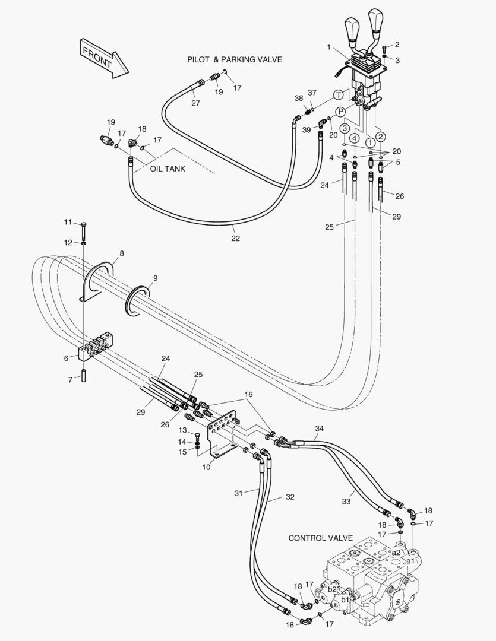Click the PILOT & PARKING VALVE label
point(235,59)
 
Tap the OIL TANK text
point(168,169)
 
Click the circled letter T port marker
point(338,95)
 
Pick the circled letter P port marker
point(341,112)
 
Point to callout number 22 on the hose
point(235,239)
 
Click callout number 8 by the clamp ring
point(121,253)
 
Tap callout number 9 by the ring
point(155,277)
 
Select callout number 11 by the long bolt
point(68,222)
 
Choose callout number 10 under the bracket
point(207,467)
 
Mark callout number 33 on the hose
point(346,502)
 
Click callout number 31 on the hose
point(239,493)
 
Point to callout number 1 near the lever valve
point(328,47)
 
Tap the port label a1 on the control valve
point(410,560)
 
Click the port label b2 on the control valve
point(332,589)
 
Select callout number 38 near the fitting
point(298,99)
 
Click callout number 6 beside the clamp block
point(67,358)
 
